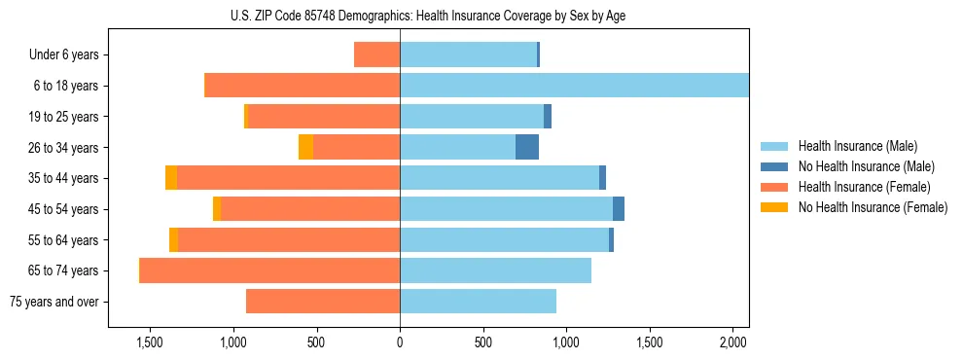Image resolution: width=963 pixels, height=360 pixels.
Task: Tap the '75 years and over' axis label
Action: [54, 302]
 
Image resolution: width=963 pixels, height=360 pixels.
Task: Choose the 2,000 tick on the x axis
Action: [732, 343]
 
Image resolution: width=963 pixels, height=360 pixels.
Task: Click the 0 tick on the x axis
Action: [400, 343]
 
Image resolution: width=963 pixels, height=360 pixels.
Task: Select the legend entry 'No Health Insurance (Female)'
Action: [873, 207]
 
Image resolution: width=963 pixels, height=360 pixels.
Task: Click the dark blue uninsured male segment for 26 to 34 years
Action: [527, 147]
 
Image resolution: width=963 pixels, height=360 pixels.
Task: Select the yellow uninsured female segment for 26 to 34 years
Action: [305, 147]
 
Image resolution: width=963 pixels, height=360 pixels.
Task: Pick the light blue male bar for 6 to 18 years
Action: [574, 86]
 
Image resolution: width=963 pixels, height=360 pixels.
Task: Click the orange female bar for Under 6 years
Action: [377, 54]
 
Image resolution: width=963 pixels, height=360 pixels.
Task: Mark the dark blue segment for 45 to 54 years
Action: [619, 209]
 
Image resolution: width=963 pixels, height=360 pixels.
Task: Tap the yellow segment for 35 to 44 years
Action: [171, 178]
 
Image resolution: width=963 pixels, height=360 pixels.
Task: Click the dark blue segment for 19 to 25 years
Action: [548, 117]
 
